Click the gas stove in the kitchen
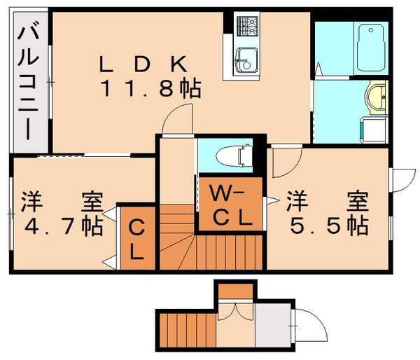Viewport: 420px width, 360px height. point(248,27)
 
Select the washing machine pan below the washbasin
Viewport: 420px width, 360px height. point(372,130)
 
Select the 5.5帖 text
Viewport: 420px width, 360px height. point(327,226)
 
